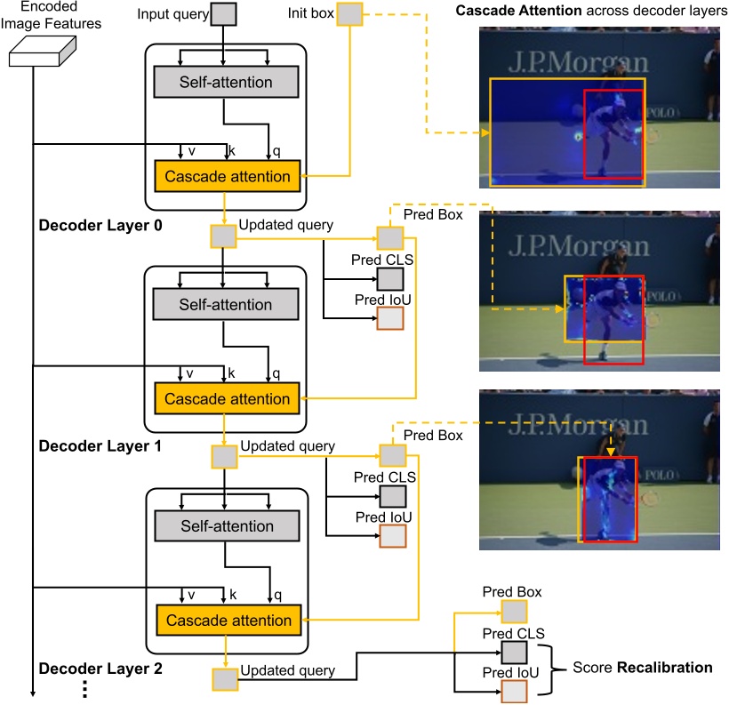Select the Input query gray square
coord(224,15)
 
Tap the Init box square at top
coord(350,14)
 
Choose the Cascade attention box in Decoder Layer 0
coord(228,176)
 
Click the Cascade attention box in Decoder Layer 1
coord(228,398)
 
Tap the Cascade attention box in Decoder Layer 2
coord(228,621)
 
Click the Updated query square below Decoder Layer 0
coord(223,236)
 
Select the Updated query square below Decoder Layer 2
coord(224,679)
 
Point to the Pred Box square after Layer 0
coord(389,237)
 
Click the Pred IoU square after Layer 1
coord(392,537)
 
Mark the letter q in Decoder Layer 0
coord(276,151)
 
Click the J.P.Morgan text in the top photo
coord(578,63)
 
